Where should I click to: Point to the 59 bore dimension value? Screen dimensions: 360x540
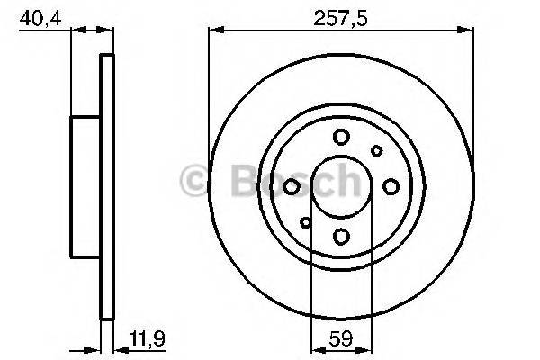point(341,343)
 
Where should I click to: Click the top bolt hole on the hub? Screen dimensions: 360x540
point(341,137)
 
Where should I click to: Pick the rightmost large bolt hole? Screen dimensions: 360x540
point(391,186)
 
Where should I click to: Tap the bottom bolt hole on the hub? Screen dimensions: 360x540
point(341,236)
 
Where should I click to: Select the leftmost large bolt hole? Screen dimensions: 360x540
point(292,186)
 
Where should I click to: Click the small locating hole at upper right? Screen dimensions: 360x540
point(377,150)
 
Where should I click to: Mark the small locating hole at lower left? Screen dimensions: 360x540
point(306,222)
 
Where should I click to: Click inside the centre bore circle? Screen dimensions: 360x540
point(341,186)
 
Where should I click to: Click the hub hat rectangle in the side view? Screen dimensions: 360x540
point(86,186)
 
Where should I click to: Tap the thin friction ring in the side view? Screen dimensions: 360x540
point(107,186)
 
